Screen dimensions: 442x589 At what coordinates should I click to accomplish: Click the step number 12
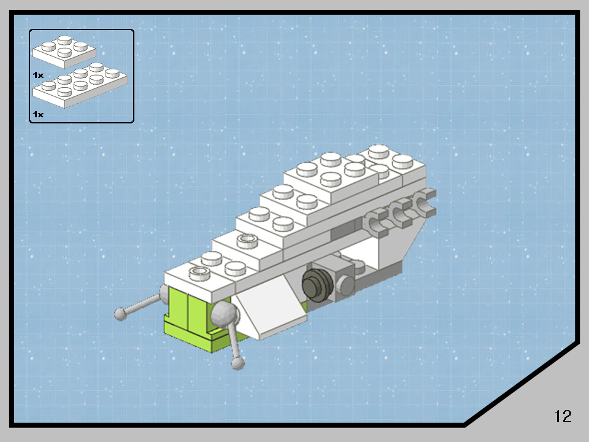point(563,416)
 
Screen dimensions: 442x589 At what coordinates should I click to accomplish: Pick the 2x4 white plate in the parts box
point(80,87)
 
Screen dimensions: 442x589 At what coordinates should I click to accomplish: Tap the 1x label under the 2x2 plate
point(38,74)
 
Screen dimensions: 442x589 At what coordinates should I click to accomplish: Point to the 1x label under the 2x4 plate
point(38,114)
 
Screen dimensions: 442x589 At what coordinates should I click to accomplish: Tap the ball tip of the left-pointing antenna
point(121,314)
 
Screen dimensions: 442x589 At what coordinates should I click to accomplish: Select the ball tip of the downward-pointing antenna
point(238,364)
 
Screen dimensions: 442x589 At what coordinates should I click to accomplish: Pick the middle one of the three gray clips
point(402,212)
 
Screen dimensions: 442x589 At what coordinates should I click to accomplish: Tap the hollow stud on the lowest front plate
point(198,272)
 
